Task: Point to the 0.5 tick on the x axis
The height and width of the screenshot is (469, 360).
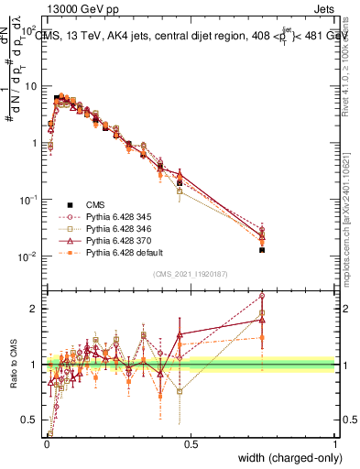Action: pos(191,442)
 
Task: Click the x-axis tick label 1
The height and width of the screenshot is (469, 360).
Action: pos(335,442)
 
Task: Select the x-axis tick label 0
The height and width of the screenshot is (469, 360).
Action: pos(47,442)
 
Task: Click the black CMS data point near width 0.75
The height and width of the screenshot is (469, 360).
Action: pos(262,249)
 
